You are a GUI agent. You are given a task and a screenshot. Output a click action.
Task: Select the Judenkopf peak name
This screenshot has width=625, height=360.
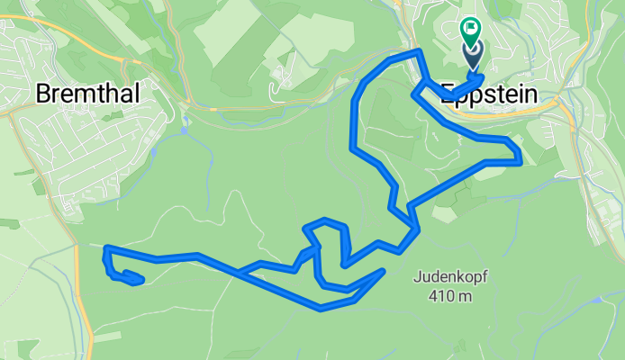[x=453, y=277]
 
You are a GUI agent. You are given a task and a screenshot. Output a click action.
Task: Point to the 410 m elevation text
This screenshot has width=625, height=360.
[x=453, y=296]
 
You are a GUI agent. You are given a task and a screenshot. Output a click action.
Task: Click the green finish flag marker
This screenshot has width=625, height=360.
[x=471, y=29]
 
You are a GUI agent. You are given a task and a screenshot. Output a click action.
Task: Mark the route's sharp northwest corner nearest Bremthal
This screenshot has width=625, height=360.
[x=106, y=247]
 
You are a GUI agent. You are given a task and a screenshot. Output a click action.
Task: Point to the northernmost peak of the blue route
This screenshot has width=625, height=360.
[x=417, y=53]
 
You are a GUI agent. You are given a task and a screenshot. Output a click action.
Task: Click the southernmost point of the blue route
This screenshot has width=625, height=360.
[x=322, y=309]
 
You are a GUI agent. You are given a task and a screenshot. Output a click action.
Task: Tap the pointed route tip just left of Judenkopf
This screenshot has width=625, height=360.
[x=383, y=271]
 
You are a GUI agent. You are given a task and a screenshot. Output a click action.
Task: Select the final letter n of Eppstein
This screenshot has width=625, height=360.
[x=530, y=95]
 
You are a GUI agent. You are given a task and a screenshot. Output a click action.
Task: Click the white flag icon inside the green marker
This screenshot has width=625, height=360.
[x=471, y=28]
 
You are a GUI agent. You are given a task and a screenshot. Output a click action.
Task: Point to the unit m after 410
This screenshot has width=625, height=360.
[x=470, y=296]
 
